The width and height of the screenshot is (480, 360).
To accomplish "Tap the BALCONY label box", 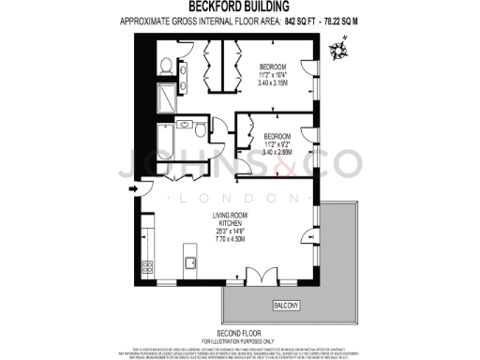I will click(x=287, y=305).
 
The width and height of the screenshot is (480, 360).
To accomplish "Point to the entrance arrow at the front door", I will click(x=133, y=189).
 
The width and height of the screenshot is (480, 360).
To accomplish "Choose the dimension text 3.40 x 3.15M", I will click(x=272, y=84).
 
